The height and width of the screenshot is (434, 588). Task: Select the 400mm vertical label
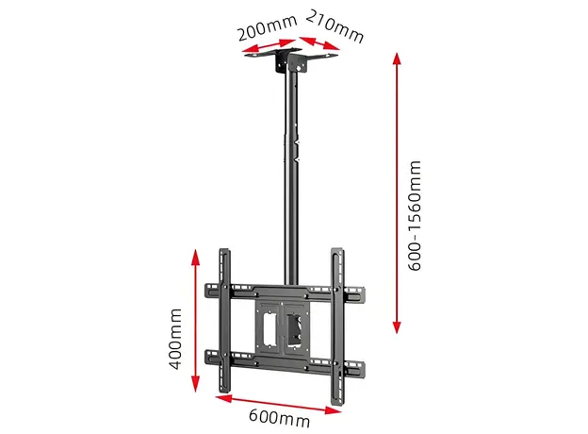175,336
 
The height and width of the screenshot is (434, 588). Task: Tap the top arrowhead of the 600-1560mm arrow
396,58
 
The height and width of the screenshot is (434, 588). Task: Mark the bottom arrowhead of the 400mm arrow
195,387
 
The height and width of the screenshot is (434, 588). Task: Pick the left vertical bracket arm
224,321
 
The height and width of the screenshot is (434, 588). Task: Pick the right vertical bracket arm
336,321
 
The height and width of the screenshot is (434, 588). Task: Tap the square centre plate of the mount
280,325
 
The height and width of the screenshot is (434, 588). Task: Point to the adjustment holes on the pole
296,142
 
